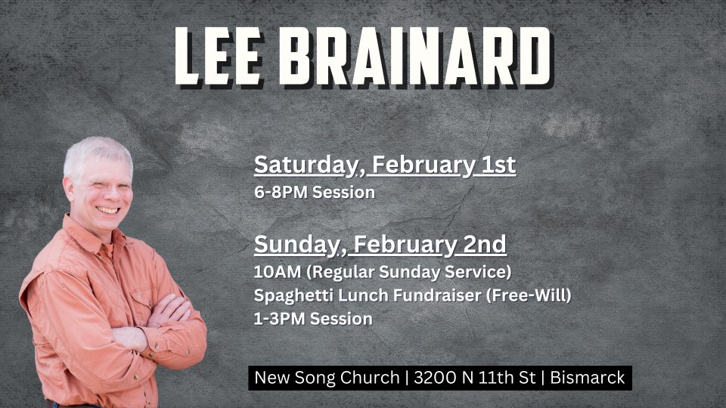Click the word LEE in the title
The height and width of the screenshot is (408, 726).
tap(218, 57)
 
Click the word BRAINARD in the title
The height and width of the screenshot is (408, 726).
tap(415, 57)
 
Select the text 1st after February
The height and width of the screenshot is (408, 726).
tap(498, 165)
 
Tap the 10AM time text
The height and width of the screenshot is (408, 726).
tap(278, 271)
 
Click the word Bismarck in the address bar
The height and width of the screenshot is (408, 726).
tap(588, 378)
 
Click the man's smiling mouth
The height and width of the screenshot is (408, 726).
tap(107, 211)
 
